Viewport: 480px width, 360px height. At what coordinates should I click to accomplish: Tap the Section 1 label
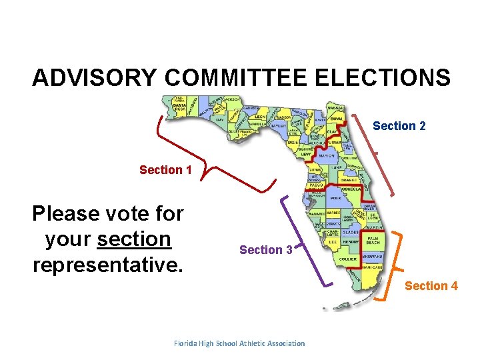(x=165, y=170)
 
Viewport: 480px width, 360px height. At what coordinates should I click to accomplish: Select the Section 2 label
(x=399, y=126)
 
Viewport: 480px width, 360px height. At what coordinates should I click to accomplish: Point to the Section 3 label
(x=265, y=250)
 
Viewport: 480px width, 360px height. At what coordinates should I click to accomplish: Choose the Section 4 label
(x=431, y=286)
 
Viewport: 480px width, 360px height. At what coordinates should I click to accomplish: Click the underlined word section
(x=134, y=239)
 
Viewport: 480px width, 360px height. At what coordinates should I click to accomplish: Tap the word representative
(x=107, y=265)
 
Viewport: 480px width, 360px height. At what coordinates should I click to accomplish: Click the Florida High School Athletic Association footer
(x=239, y=343)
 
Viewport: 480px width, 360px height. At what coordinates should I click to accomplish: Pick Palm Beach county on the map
(x=372, y=240)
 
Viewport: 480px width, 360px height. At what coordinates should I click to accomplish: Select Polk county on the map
(x=336, y=199)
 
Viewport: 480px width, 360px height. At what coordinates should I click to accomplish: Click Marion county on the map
(x=327, y=155)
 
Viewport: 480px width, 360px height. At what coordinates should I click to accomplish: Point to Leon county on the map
(x=261, y=117)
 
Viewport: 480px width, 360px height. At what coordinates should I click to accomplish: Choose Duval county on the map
(x=337, y=119)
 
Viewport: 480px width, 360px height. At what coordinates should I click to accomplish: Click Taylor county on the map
(x=279, y=125)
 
